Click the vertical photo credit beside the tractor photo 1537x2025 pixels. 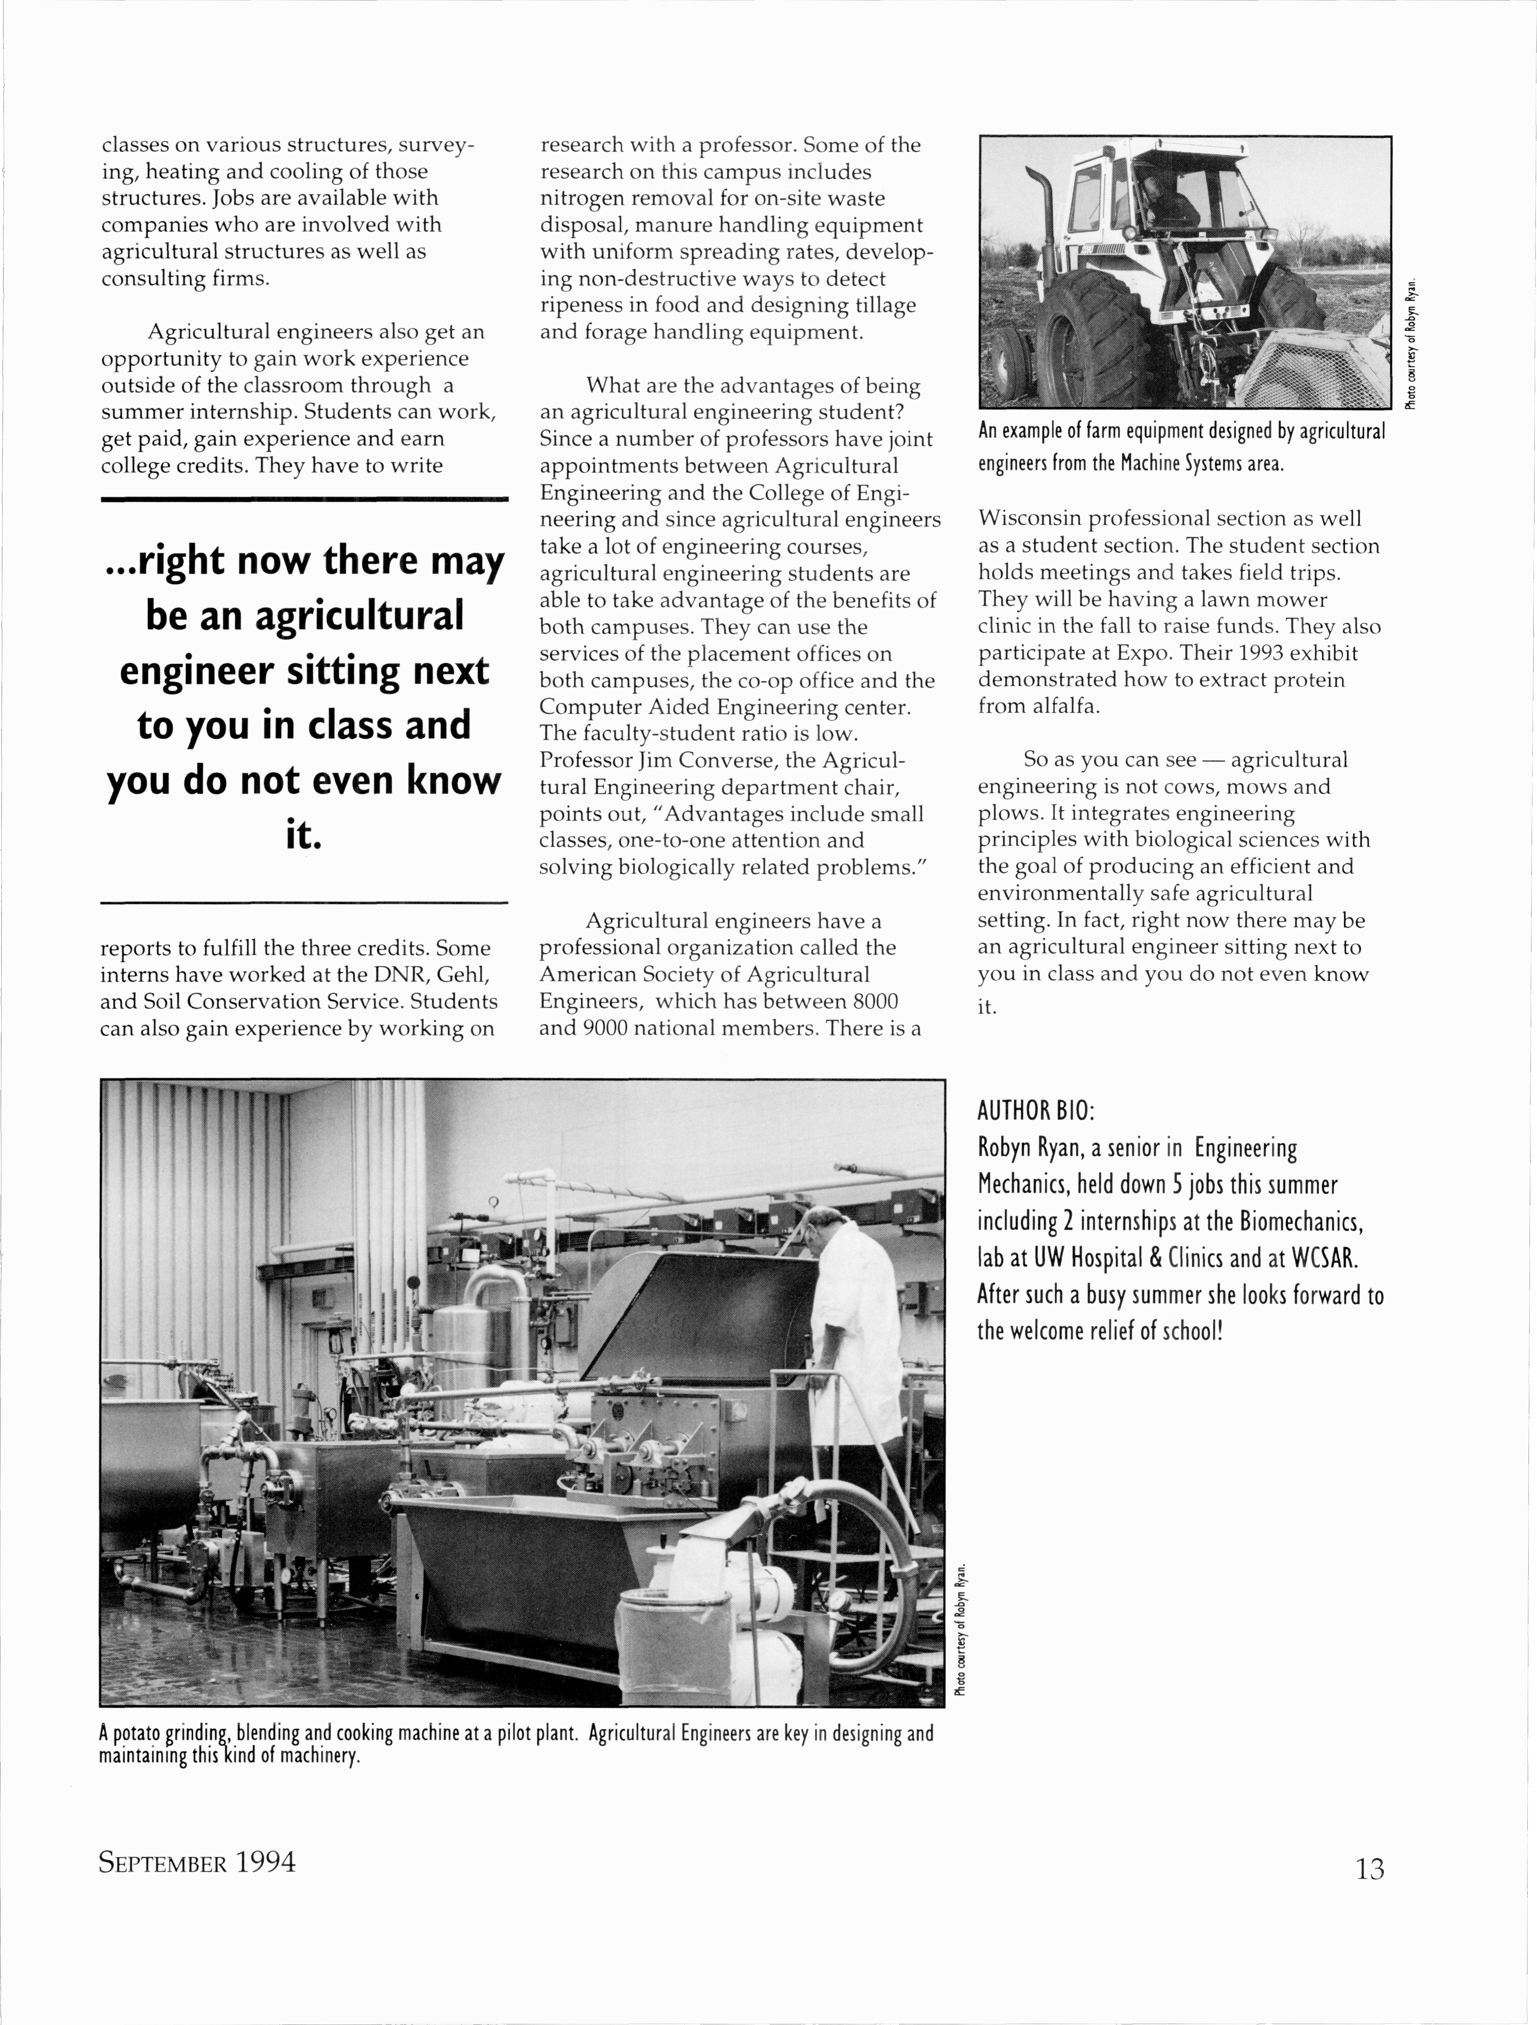tap(1413, 343)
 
